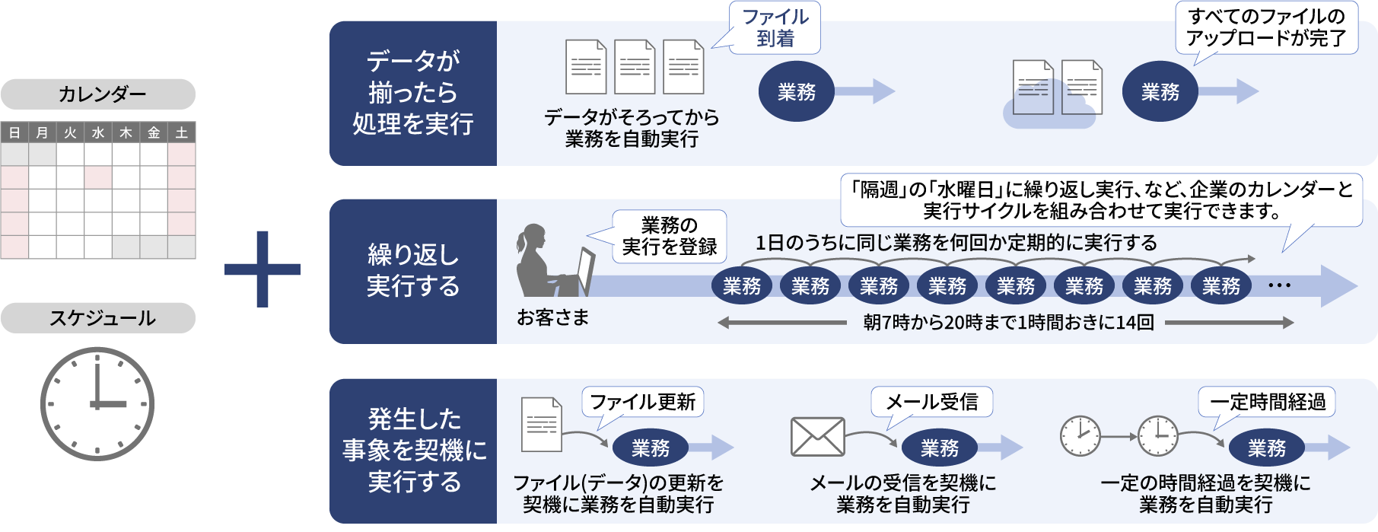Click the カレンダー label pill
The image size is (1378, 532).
[x=98, y=94]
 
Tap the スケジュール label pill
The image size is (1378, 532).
[x=98, y=318]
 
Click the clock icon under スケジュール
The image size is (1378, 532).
[x=97, y=403]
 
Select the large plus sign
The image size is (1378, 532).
[x=263, y=269]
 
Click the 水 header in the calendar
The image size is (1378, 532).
[x=98, y=132]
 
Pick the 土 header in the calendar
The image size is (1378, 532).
[x=182, y=132]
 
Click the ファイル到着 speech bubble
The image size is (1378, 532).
[x=775, y=28]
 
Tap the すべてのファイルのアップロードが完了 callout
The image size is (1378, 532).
[x=1266, y=28]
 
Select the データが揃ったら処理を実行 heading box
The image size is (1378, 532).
[x=413, y=93]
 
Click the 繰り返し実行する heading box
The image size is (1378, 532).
[x=413, y=271]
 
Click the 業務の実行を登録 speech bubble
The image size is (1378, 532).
[x=670, y=236]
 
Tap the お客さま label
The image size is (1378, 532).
[x=553, y=317]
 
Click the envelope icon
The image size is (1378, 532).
[x=818, y=437]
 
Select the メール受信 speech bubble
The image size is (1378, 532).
[x=931, y=402]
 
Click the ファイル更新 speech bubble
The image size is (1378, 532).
[x=643, y=402]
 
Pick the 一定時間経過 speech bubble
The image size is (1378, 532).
[x=1267, y=402]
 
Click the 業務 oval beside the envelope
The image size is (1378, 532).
[x=939, y=448]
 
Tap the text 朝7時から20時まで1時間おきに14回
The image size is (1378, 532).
[x=1008, y=323]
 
